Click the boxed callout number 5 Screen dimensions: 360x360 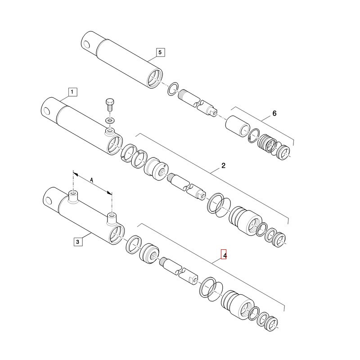[x=160, y=52]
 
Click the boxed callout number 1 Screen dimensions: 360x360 [x=72, y=92]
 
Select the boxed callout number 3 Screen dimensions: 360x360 [x=78, y=242]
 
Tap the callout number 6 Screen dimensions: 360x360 [x=274, y=113]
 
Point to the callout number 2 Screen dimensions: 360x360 [x=223, y=165]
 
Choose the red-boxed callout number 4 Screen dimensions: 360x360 [x=224, y=254]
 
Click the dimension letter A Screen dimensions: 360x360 [x=92, y=180]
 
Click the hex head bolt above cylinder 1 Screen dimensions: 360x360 [x=110, y=105]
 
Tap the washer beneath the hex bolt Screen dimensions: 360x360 [x=110, y=120]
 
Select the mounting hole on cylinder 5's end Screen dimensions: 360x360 [x=86, y=44]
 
